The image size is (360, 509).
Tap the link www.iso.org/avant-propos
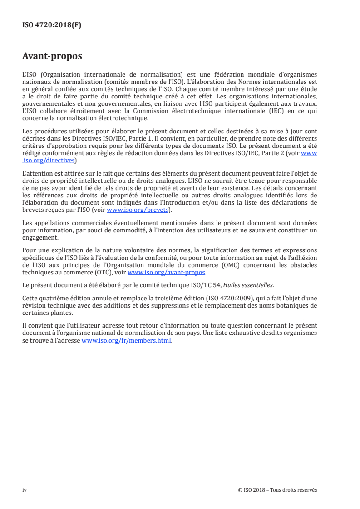167,273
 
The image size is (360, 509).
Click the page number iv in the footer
25,489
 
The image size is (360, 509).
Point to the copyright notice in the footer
277,489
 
